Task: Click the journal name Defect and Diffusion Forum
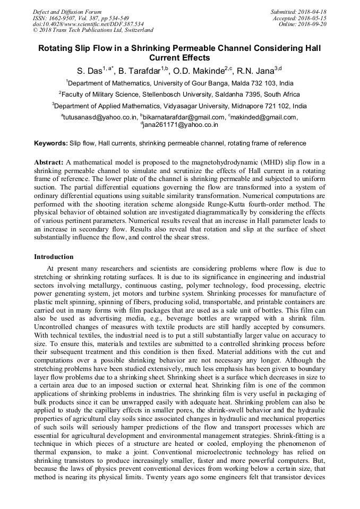66,12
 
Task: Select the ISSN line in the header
80,18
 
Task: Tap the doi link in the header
88,24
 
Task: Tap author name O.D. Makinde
201,70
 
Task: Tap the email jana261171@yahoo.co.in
181,125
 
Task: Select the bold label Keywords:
51,143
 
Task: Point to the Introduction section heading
54,256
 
